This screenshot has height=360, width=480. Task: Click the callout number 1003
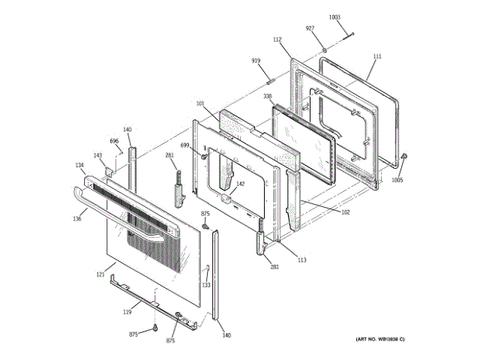[334, 16]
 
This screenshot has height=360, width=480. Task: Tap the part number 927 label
[310, 28]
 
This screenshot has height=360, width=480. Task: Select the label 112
[277, 39]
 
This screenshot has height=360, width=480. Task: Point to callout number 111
[376, 57]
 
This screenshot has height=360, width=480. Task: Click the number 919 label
[255, 61]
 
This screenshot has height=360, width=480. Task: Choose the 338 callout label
[267, 97]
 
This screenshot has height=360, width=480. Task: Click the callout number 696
[114, 141]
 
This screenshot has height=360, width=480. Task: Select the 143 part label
[97, 155]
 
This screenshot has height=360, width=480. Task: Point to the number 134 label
[79, 165]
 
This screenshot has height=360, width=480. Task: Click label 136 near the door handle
[76, 219]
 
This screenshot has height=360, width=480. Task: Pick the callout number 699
[184, 145]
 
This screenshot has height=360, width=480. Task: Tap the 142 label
[241, 184]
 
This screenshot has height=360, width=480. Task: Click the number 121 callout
[100, 275]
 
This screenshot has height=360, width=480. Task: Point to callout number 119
[127, 311]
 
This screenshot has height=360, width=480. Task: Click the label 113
[301, 260]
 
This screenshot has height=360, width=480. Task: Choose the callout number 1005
[397, 180]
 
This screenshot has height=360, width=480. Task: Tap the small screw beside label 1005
[403, 156]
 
